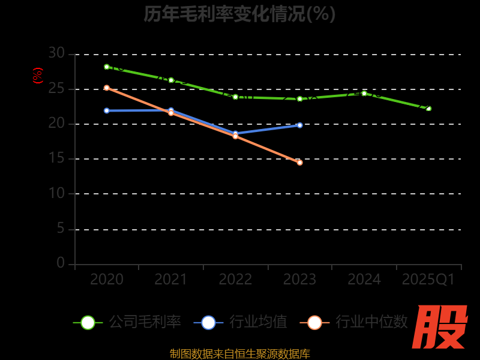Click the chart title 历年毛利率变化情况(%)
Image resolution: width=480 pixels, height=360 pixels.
point(239,14)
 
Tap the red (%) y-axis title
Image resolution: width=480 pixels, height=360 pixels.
point(38,76)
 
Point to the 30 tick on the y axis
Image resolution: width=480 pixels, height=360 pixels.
point(56,53)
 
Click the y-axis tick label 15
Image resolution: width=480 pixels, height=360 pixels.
point(56,159)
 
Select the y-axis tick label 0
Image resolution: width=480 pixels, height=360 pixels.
point(61,263)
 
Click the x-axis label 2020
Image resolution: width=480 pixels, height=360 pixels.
point(107,280)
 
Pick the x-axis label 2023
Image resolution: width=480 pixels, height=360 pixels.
point(300,280)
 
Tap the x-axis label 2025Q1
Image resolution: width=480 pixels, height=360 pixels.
point(428,280)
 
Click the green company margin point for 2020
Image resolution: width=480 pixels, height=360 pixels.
point(107,67)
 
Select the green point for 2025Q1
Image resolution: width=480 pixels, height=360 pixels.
point(428,109)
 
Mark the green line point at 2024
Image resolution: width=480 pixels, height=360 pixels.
point(364,93)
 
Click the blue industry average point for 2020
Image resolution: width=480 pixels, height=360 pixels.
point(107,110)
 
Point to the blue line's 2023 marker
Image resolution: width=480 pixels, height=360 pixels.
point(300,125)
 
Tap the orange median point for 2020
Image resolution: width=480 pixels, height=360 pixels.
point(107,88)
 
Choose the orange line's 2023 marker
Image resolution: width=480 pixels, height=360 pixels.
point(300,163)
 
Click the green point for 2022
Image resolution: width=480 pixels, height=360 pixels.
point(235,97)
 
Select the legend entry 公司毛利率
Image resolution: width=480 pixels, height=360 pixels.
point(127,322)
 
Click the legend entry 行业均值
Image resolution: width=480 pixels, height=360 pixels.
point(241,322)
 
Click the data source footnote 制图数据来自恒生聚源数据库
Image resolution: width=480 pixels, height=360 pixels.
point(240,353)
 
